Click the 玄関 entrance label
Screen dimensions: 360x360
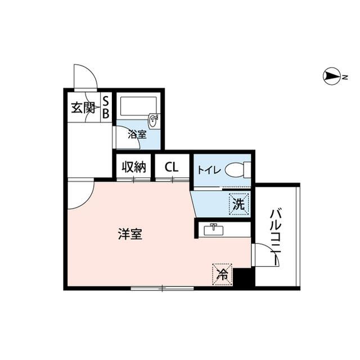pyautogui.click(x=82, y=108)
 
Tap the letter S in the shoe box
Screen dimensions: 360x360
pyautogui.click(x=105, y=102)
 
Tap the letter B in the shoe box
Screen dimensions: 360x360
pyautogui.click(x=105, y=113)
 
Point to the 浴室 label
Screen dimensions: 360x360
pyautogui.click(x=137, y=135)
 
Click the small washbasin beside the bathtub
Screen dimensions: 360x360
pyautogui.click(x=154, y=120)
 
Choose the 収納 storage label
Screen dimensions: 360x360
pyautogui.click(x=134, y=167)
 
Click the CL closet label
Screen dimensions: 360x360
pyautogui.click(x=172, y=167)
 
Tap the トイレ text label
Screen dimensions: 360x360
pyautogui.click(x=207, y=169)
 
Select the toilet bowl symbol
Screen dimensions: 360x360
pyautogui.click(x=236, y=169)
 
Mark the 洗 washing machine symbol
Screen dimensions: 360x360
pyautogui.click(x=238, y=204)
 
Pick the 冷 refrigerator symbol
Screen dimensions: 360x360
pyautogui.click(x=222, y=274)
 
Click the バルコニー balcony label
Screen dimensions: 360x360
pyautogui.click(x=277, y=236)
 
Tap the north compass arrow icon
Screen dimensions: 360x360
pyautogui.click(x=332, y=77)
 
